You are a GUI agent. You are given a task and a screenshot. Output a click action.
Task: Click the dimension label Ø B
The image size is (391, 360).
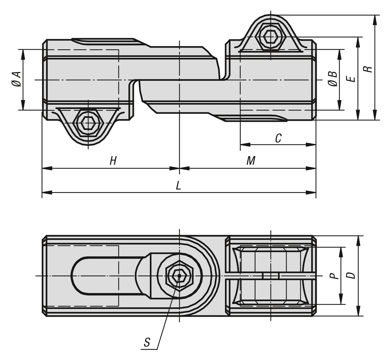(x=333, y=79)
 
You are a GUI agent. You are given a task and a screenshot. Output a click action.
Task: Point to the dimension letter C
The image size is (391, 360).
(x=278, y=139)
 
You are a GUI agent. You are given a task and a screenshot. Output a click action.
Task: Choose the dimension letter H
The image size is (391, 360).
(x=113, y=161)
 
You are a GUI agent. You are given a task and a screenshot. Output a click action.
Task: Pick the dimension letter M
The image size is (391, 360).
(x=251, y=161)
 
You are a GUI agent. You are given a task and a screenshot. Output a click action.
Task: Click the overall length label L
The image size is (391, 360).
(x=178, y=186)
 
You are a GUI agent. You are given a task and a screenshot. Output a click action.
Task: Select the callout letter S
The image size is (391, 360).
(x=147, y=342)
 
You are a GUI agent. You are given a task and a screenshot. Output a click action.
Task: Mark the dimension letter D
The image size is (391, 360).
(x=351, y=275)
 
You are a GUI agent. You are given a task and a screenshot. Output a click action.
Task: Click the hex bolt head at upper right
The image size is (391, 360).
(x=271, y=36)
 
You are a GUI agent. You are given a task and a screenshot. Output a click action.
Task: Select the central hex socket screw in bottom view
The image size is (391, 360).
(x=179, y=276)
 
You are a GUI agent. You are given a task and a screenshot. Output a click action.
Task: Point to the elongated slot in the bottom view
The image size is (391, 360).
(x=104, y=276)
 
